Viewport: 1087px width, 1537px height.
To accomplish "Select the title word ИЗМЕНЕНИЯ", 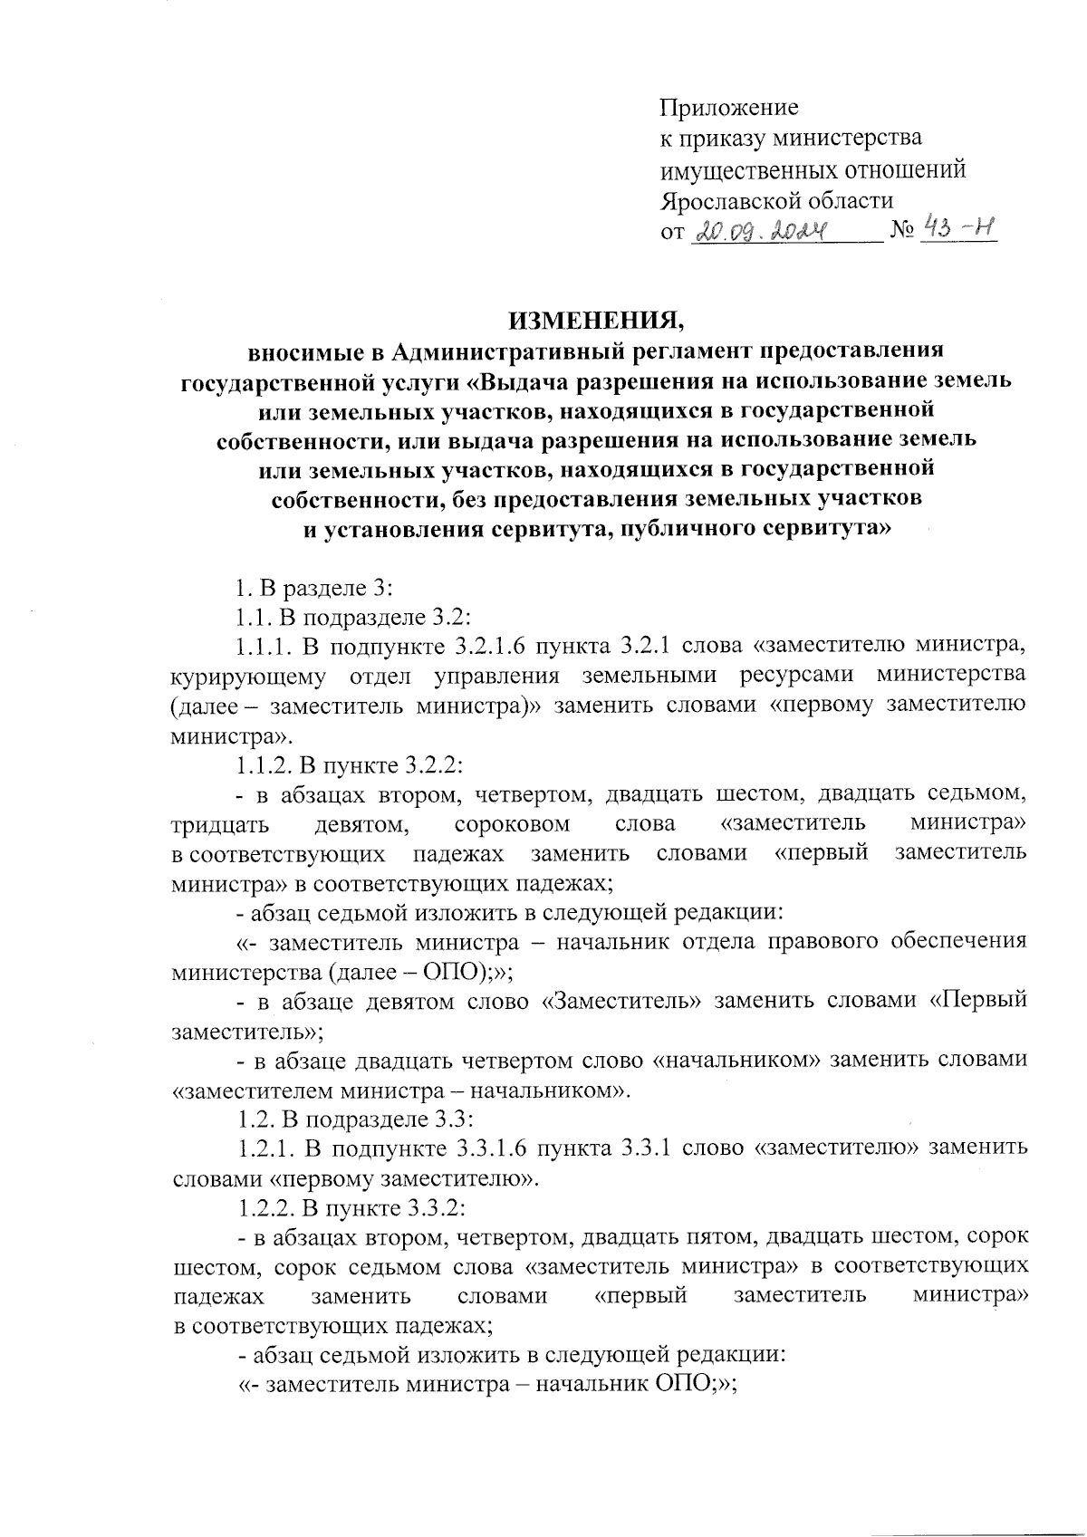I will (x=593, y=320).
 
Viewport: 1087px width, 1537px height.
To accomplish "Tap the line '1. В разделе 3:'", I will (x=313, y=588).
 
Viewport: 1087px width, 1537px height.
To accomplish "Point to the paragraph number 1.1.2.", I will (x=264, y=764).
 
